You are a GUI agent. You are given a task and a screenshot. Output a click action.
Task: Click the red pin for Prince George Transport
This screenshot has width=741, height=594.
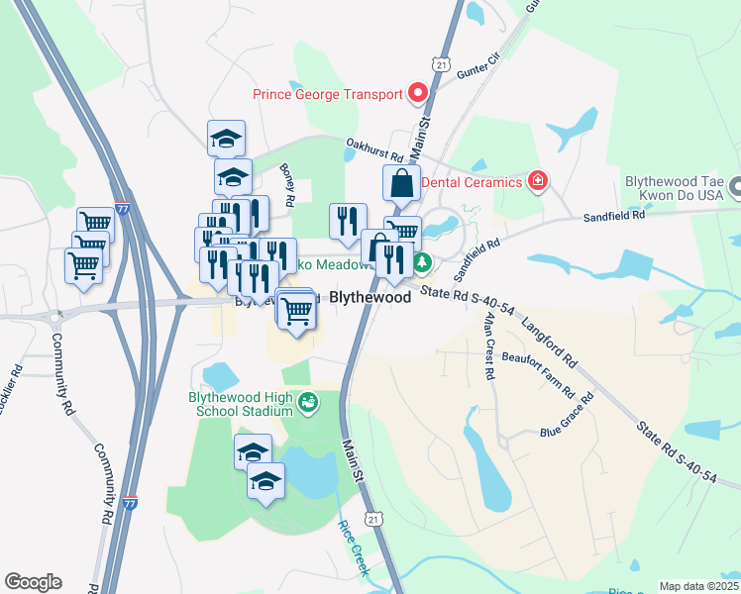pos(418,95)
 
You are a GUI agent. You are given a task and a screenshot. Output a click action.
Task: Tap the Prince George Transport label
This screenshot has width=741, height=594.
pos(328,95)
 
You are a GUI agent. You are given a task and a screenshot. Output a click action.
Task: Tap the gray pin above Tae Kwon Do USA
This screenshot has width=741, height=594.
pos(736,185)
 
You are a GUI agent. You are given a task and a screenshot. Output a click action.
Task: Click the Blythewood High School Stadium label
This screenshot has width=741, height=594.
pos(241,404)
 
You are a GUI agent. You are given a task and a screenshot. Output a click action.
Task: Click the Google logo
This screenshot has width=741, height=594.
pos(33,582)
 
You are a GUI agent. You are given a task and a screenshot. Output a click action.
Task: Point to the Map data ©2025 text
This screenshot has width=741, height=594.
pos(697,586)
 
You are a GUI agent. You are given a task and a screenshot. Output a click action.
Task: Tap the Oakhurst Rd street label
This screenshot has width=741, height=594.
pos(374,150)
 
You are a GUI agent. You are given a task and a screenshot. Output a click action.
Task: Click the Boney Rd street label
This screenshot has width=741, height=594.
pos(287,185)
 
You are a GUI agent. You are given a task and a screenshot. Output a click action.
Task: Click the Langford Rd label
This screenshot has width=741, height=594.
pos(547,338)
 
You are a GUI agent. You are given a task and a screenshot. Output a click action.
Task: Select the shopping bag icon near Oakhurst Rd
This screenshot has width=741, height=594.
pos(402,183)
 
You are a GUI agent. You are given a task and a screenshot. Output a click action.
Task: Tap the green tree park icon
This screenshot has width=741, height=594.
pos(422,262)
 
